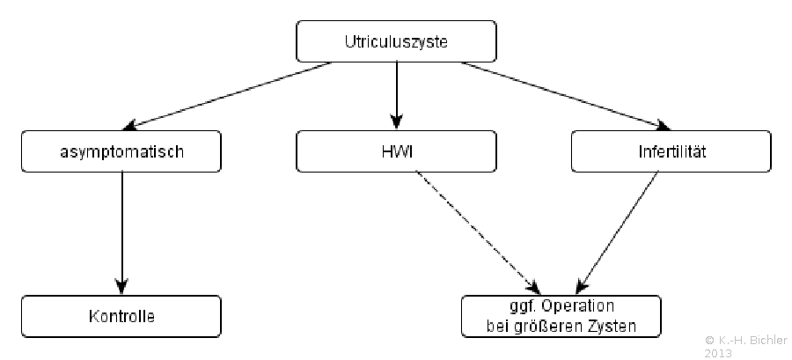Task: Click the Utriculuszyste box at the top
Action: click(x=396, y=41)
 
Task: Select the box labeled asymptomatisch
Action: click(x=121, y=151)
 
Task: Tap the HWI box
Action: click(x=396, y=151)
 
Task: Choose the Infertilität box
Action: click(x=671, y=151)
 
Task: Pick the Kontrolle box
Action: click(x=121, y=317)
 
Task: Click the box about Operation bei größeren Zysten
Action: click(x=561, y=317)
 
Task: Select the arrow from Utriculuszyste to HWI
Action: click(x=397, y=96)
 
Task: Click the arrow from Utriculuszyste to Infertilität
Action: click(x=566, y=95)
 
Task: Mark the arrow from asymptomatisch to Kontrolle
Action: click(x=121, y=233)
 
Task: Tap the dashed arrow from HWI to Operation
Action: click(x=478, y=232)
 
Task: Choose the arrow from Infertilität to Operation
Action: click(x=617, y=232)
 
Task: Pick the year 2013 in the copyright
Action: click(x=718, y=353)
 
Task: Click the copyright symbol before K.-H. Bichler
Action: click(x=709, y=340)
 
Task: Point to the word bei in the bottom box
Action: click(x=497, y=327)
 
